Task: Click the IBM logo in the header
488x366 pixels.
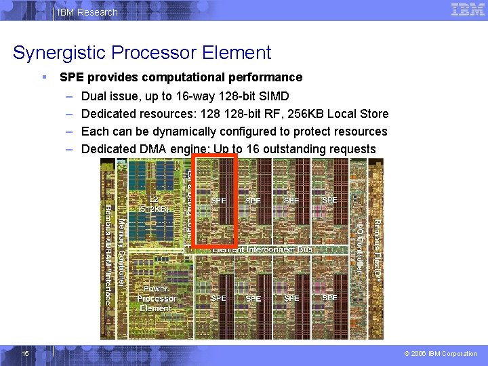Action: pyautogui.click(x=468, y=10)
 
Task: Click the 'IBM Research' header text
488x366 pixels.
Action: pyautogui.click(x=87, y=12)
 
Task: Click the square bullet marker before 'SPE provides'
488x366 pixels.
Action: pyautogui.click(x=44, y=77)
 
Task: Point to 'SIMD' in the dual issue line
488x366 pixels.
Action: pyautogui.click(x=274, y=96)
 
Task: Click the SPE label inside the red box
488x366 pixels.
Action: pyautogui.click(x=218, y=201)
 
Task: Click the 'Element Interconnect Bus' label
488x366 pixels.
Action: pyautogui.click(x=262, y=249)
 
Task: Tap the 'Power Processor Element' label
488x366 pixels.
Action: pyautogui.click(x=156, y=298)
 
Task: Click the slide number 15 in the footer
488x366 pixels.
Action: pyautogui.click(x=25, y=353)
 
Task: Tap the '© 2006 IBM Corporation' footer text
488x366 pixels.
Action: pyautogui.click(x=440, y=353)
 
